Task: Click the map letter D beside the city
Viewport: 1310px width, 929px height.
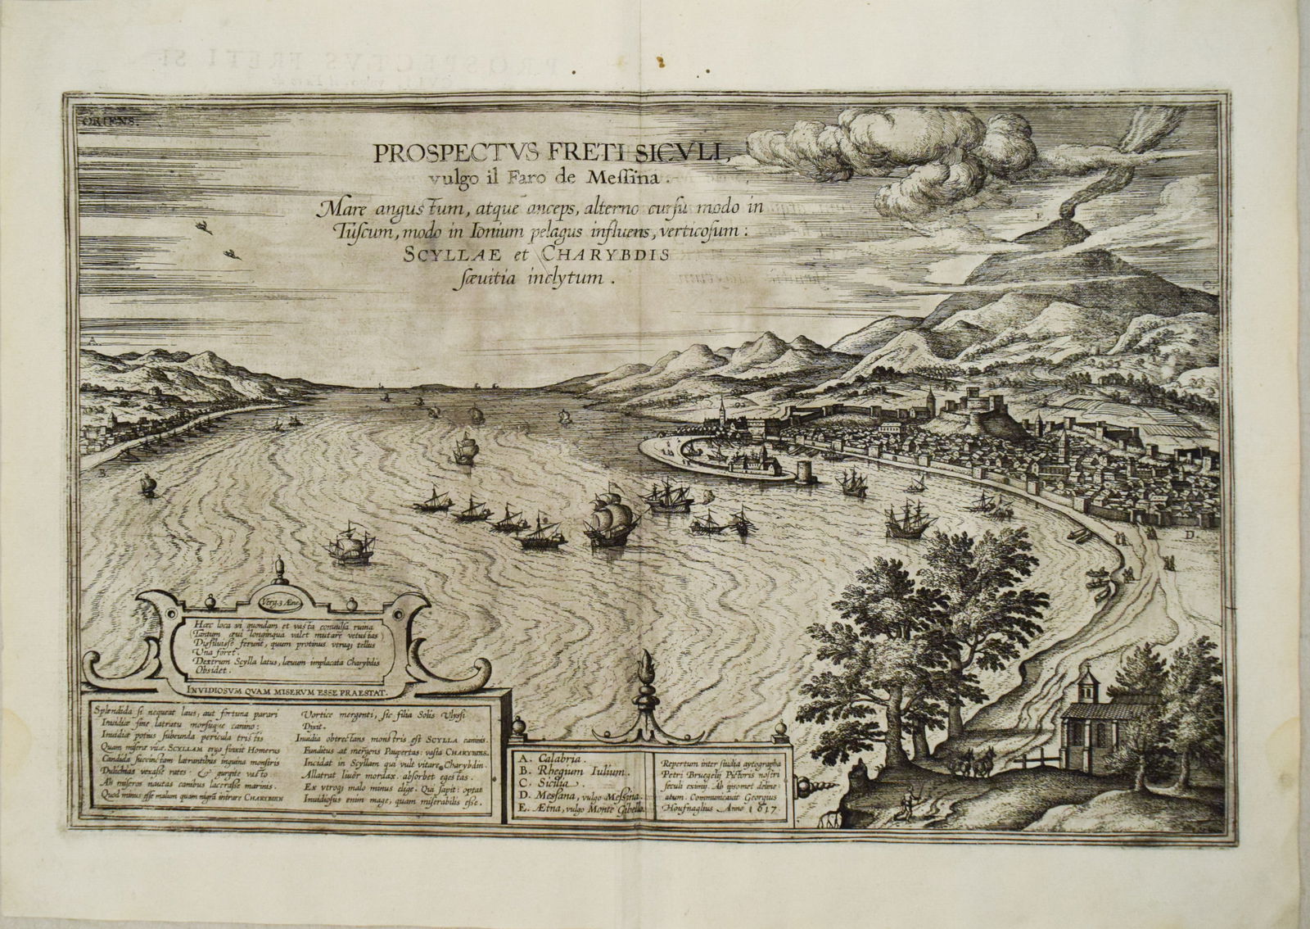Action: (1190, 535)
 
